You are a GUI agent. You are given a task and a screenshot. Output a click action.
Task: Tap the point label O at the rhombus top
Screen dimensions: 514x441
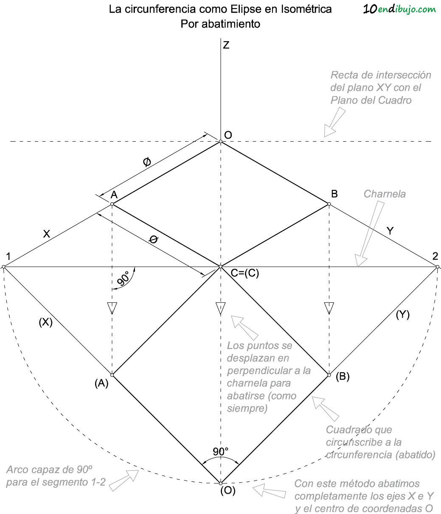[x=228, y=135]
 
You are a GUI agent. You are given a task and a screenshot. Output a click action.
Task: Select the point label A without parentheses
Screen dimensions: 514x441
[x=114, y=195]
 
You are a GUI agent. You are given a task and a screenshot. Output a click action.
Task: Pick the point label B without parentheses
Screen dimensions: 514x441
[x=334, y=194]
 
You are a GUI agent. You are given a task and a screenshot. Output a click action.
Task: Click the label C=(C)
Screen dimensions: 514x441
[x=245, y=274]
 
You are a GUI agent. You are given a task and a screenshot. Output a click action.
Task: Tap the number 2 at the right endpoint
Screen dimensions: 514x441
[x=435, y=256]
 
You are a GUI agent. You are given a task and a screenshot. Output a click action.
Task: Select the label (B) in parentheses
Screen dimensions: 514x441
[x=343, y=376]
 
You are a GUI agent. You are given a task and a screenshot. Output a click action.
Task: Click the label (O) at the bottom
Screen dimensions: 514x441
[x=228, y=491]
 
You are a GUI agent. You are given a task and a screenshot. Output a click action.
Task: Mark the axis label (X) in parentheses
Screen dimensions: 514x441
[x=45, y=322]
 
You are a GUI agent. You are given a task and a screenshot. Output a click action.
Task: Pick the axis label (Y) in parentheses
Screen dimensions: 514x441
[x=402, y=315]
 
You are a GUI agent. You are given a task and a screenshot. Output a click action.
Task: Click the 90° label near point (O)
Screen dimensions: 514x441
[x=221, y=452]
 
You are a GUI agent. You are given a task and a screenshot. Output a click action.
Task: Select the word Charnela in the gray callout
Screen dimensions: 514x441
[x=385, y=194]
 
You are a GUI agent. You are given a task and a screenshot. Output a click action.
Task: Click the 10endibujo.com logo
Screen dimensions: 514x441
[x=399, y=9]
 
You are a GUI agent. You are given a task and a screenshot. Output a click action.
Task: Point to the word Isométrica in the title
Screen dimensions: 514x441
[x=306, y=9]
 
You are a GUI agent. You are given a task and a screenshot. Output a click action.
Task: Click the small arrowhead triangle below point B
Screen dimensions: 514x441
[x=329, y=307]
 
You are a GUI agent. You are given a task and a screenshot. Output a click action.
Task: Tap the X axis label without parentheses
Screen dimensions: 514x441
[x=47, y=234]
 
